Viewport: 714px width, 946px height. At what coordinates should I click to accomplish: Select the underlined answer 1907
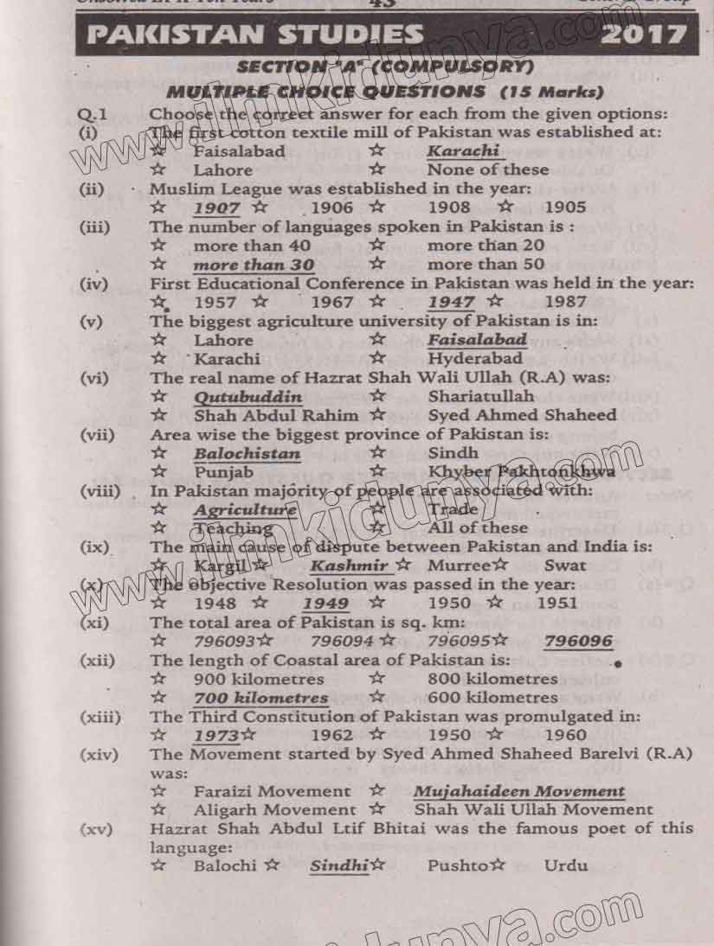(216, 208)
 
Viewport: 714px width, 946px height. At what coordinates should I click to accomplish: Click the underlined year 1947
(451, 302)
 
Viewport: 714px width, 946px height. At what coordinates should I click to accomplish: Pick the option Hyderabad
(475, 358)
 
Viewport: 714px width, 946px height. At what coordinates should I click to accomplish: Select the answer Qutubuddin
(248, 397)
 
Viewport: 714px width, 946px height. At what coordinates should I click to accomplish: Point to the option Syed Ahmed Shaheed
(522, 415)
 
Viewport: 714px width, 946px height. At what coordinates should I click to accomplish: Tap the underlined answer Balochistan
(247, 453)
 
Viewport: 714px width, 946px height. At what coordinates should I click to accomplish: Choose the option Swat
(565, 566)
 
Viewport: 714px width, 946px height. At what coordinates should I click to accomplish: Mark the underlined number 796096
(578, 641)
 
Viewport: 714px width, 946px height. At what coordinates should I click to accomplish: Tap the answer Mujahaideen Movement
(518, 791)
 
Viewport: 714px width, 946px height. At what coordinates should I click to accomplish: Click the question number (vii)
(97, 435)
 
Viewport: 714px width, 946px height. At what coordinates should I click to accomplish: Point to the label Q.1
(91, 113)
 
